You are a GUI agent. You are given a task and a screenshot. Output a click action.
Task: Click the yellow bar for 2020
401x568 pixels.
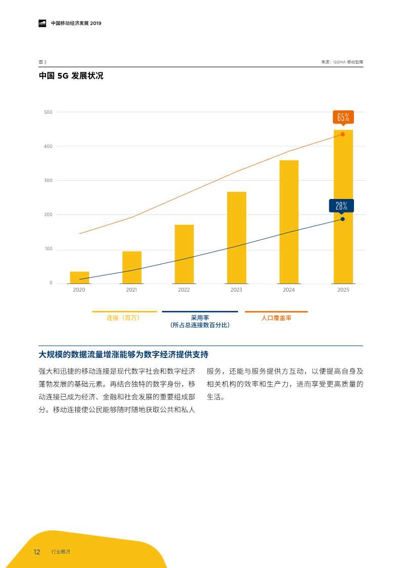pos(79,277)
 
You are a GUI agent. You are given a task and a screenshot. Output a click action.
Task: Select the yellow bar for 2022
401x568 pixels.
pos(184,254)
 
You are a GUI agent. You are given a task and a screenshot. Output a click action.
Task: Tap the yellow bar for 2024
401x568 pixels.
pos(289,222)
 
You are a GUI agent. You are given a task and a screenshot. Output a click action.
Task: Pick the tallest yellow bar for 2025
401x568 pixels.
pos(343,207)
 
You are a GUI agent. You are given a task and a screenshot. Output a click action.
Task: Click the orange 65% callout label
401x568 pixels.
pos(343,117)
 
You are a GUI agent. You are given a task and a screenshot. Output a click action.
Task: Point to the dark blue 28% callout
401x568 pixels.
pos(341,206)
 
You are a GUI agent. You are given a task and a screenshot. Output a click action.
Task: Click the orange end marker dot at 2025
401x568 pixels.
pos(342,134)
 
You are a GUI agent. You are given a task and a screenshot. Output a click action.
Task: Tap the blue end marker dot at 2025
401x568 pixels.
pos(342,219)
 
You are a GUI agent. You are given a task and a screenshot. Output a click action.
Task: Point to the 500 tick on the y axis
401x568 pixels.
pos(48,112)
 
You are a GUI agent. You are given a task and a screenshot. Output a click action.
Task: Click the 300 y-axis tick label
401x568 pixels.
pos(48,180)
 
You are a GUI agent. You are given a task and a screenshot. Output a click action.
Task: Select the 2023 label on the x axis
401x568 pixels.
pos(236,290)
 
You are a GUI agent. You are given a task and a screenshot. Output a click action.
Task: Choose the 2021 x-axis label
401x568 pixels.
pos(131,290)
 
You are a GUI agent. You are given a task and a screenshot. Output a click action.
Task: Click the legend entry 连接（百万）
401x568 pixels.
pos(123,318)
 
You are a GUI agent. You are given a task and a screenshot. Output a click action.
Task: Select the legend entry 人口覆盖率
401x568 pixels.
pos(276,318)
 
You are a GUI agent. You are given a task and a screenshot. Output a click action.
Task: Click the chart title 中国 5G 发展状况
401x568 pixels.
pos(71,76)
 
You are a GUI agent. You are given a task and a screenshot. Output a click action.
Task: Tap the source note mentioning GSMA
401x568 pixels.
pos(342,62)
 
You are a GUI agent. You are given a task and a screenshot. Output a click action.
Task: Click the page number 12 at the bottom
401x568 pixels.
pos(37,552)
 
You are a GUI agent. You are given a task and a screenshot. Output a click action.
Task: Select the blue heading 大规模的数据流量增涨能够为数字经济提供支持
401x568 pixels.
pos(123,354)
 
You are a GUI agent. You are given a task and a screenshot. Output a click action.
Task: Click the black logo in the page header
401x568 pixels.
pos(42,23)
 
